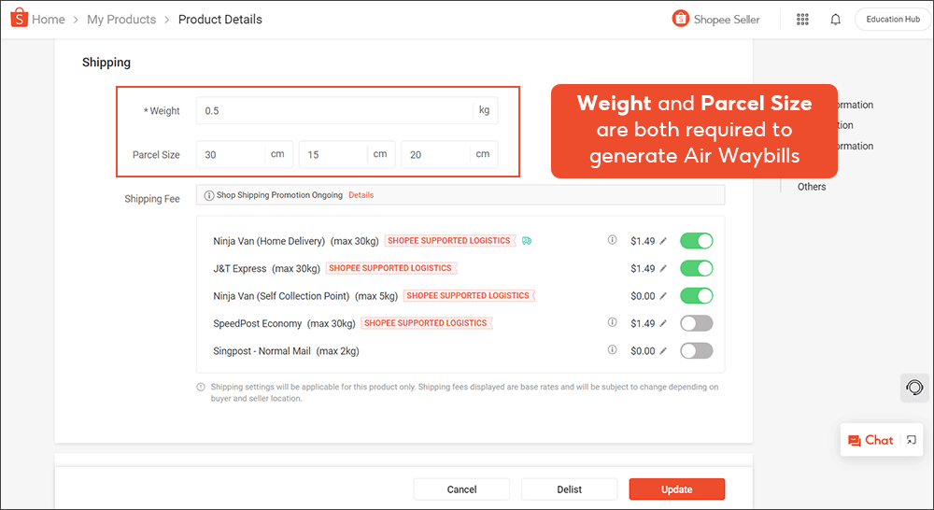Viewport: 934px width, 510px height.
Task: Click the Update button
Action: pos(676,489)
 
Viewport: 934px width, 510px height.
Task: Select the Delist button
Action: pos(569,489)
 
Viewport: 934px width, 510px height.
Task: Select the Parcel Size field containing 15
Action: pos(334,154)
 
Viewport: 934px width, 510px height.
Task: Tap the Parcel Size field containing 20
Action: pos(436,154)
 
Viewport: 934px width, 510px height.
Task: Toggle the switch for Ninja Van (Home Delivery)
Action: pos(696,241)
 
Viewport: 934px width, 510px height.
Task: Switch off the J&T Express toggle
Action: pos(696,268)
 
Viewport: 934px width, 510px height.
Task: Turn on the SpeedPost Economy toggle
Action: pos(696,323)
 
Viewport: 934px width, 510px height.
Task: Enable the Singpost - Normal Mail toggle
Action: pos(696,351)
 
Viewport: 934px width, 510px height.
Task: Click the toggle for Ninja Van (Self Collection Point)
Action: pos(696,296)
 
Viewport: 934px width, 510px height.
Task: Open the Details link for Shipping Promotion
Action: pos(361,195)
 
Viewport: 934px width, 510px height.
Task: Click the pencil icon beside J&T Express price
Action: pos(664,269)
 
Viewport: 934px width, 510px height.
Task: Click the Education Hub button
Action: pos(892,20)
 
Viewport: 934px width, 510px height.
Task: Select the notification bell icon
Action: pos(835,20)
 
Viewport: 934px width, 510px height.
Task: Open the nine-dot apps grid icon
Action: pos(802,20)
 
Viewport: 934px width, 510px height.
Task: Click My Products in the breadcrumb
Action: pos(121,20)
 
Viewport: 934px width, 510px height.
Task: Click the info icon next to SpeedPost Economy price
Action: pos(613,323)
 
